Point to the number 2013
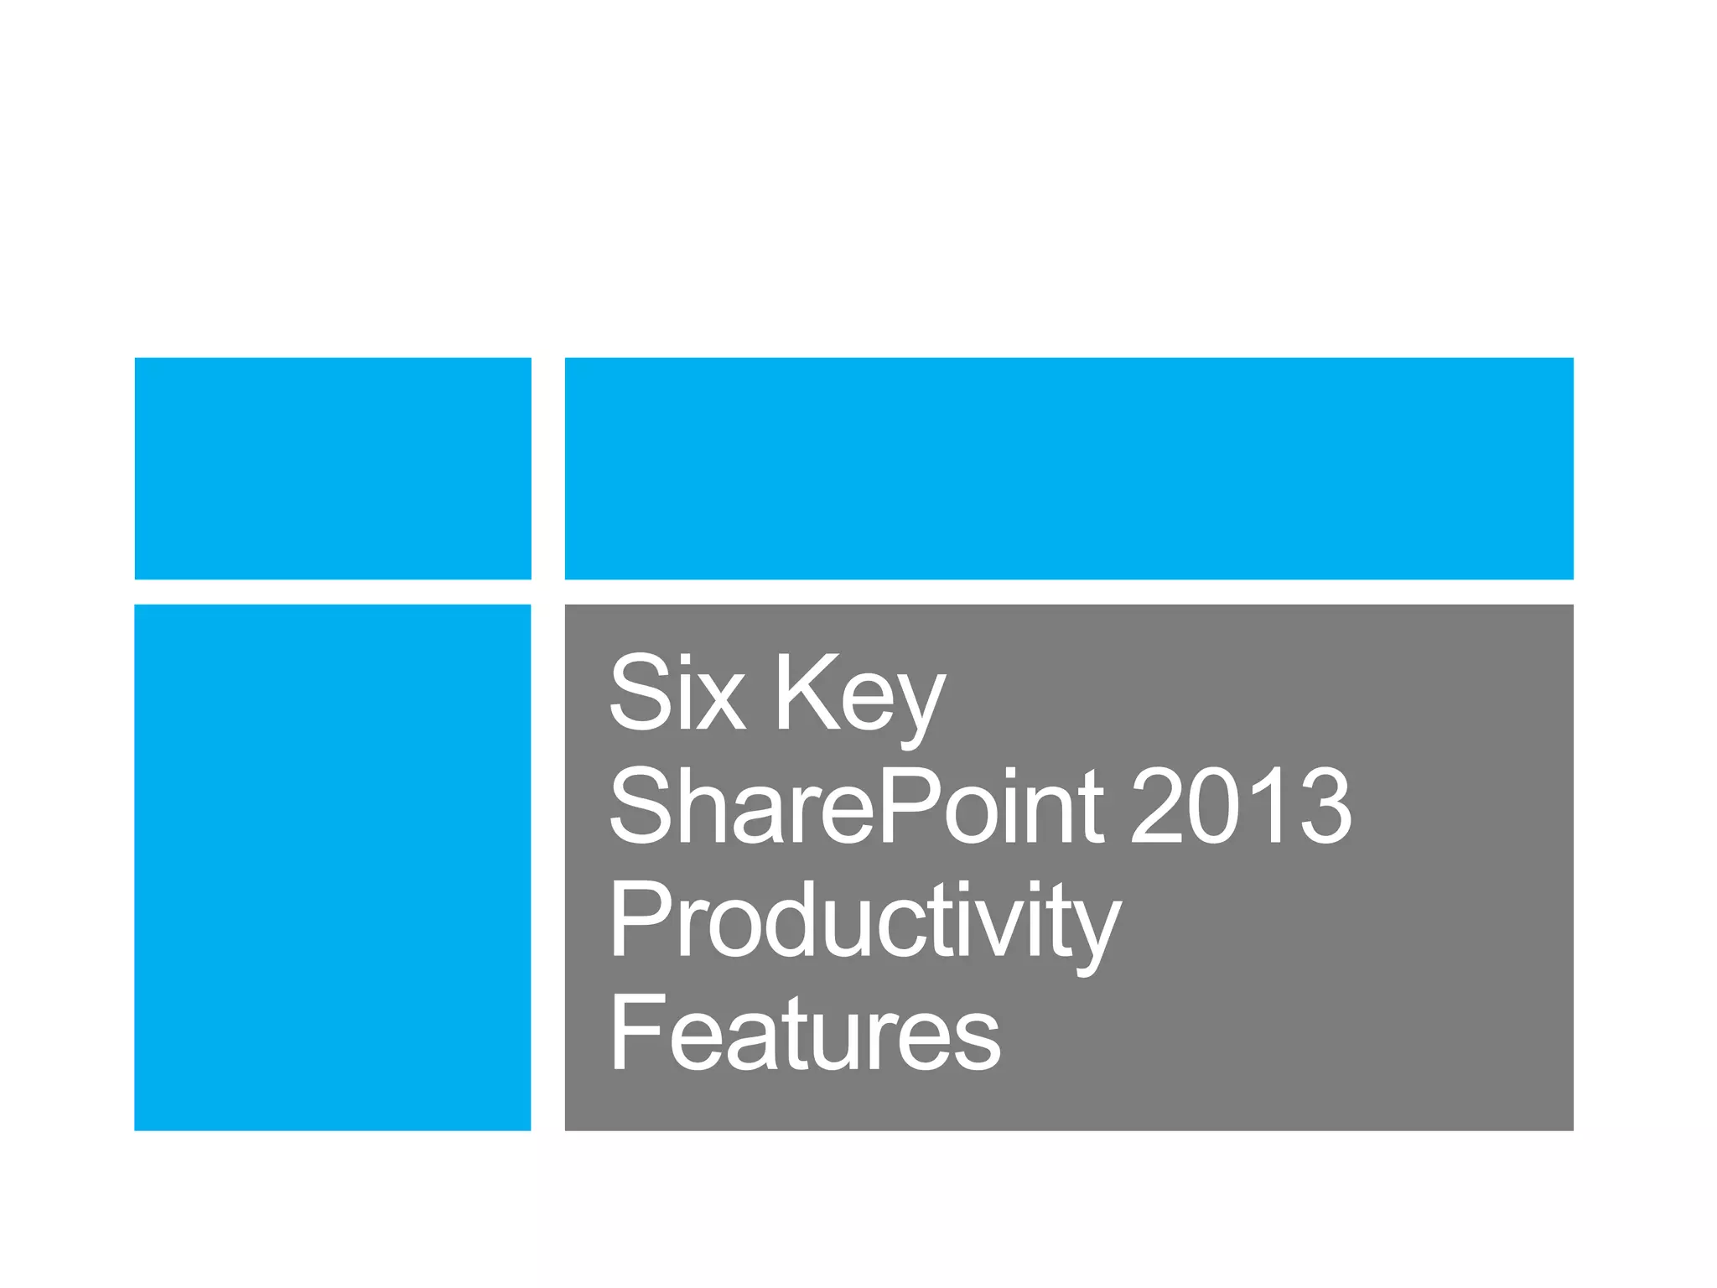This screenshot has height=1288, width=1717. coord(1241,806)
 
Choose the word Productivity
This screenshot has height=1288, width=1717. coord(864,922)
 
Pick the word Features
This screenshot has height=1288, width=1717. coord(805,1032)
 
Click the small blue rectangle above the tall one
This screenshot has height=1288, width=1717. coord(333,468)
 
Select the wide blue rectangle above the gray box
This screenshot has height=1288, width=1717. coord(1069,468)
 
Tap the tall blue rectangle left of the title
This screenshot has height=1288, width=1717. coord(333,867)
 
